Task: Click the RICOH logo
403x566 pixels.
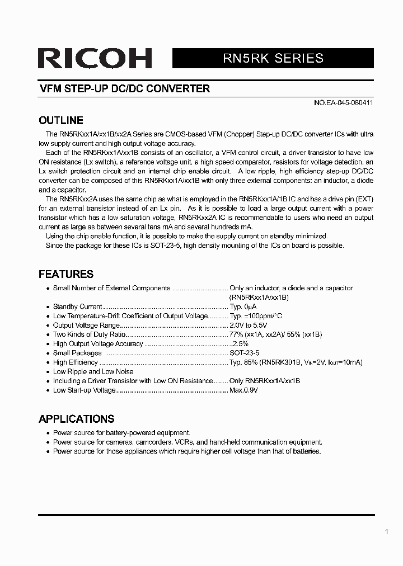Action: (x=95, y=59)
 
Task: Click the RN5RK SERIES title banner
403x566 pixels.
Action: (x=273, y=58)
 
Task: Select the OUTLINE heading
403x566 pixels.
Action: (x=60, y=120)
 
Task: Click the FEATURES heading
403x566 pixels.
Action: (x=65, y=274)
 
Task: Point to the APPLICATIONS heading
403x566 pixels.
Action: (x=76, y=419)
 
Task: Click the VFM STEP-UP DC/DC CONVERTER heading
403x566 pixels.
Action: (x=124, y=89)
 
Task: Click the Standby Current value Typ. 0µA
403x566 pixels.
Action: (x=243, y=306)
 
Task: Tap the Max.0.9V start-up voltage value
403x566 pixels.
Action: (x=243, y=390)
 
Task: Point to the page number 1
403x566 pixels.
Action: (x=386, y=532)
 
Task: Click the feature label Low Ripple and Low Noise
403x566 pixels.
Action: (x=93, y=371)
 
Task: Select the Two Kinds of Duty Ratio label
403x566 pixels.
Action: (x=90, y=334)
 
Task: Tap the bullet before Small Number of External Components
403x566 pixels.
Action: (x=48, y=289)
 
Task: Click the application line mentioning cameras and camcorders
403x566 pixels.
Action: (x=188, y=442)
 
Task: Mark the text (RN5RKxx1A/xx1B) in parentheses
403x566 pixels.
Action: (x=259, y=298)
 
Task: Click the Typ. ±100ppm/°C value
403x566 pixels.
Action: (x=256, y=316)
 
